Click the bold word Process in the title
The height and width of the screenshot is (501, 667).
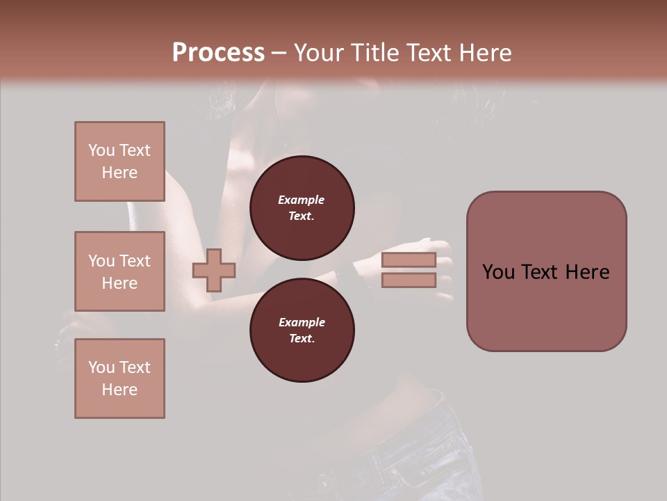[218, 53]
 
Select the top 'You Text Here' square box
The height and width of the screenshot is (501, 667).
[120, 161]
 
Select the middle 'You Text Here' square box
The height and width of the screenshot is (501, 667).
[120, 271]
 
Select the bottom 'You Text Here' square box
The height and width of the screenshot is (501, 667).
[120, 379]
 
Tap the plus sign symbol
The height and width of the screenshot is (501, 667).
[214, 270]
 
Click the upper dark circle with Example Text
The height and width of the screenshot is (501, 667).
[302, 207]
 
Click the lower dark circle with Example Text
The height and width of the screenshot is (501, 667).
[302, 330]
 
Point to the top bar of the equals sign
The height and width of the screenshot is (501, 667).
[409, 260]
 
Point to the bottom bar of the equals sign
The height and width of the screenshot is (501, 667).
[409, 280]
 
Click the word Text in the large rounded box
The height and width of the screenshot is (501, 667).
[545, 272]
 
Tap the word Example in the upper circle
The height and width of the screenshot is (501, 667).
[301, 200]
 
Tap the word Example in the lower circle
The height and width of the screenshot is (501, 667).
[301, 322]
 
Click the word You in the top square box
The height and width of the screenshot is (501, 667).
[101, 150]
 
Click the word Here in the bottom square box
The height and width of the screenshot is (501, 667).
[120, 390]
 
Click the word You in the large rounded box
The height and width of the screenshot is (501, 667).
[498, 272]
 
